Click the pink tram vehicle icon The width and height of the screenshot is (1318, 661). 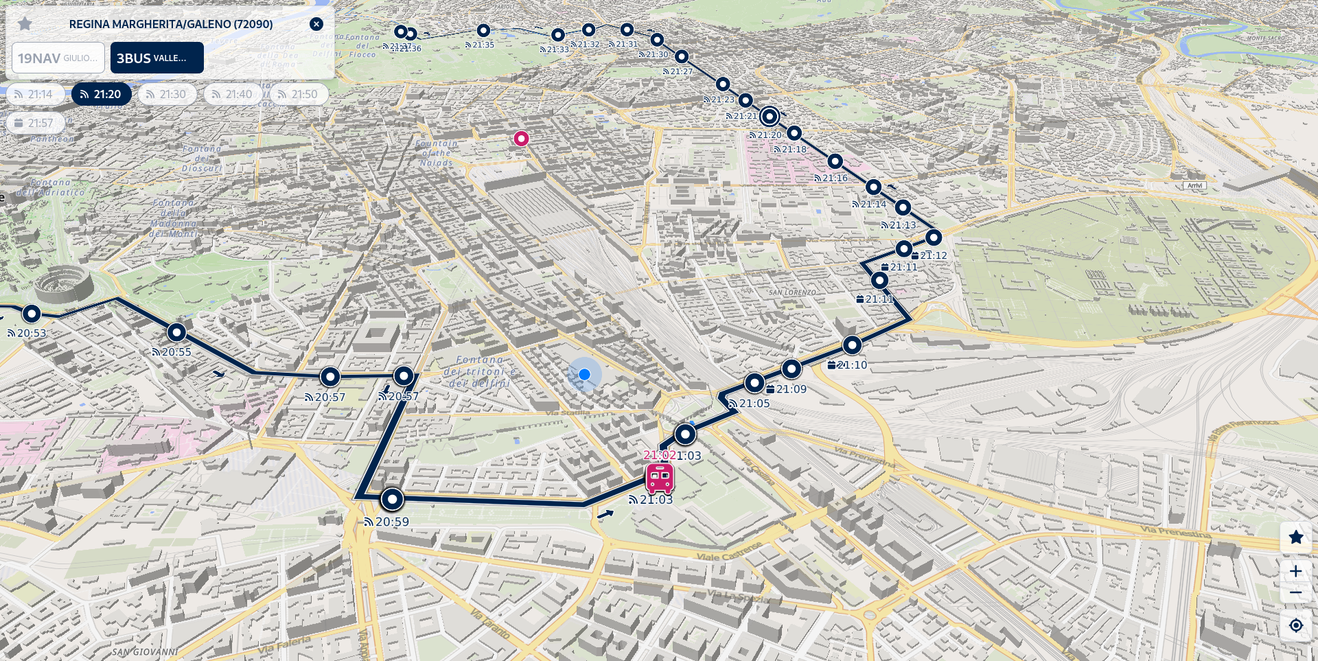coord(660,478)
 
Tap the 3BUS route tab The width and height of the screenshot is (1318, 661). coord(157,58)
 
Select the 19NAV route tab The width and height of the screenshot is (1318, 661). coord(58,58)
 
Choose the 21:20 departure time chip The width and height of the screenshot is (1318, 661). coord(101,94)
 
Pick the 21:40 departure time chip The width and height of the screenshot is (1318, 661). coord(232,94)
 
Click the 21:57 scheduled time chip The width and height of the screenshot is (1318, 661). coord(34,123)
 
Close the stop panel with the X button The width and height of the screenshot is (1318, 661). coord(316,24)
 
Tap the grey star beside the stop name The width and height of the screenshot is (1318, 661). coord(25,24)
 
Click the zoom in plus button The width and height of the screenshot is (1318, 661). coord(1295,571)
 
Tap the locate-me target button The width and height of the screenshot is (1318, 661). coord(1295,625)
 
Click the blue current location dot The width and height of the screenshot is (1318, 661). coord(584,374)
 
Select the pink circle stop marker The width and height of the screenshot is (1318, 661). coord(521,139)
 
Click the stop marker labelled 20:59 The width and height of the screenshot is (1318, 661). coord(392,499)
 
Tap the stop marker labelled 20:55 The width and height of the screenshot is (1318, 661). coord(176,333)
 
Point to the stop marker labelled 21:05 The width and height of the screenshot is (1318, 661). coord(754,383)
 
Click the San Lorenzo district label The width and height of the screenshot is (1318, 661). coord(792,292)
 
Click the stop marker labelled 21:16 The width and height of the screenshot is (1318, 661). coord(835,162)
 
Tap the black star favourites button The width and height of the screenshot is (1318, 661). coord(1295,537)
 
